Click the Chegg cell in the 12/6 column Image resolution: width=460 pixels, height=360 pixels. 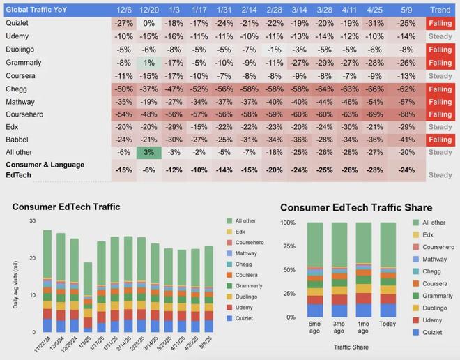tap(125, 89)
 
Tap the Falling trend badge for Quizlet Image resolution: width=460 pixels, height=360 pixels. tap(440, 24)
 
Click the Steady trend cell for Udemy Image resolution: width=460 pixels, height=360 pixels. tap(440, 36)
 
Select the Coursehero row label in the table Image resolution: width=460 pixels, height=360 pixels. tap(26, 114)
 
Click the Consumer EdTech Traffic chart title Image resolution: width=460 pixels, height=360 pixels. tap(66, 207)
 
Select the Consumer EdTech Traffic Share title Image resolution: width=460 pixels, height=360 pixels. tap(356, 208)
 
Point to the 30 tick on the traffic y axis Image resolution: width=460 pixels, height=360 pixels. tap(32, 221)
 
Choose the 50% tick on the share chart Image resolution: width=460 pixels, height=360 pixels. tap(287, 270)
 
